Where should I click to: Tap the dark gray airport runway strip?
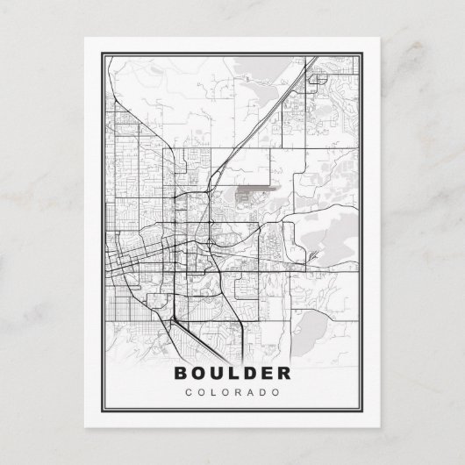pyautogui.click(x=256, y=187)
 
